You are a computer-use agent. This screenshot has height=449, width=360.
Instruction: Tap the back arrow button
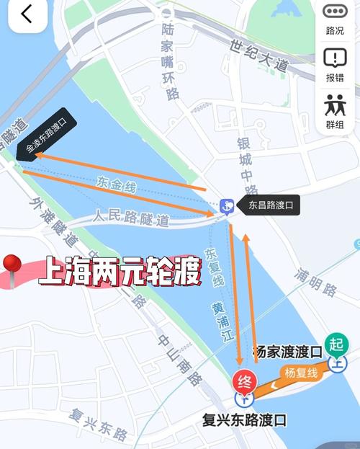click(x=27, y=15)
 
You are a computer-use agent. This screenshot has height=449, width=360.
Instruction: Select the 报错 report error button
click(x=335, y=64)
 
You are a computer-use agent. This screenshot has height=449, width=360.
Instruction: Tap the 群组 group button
click(x=335, y=111)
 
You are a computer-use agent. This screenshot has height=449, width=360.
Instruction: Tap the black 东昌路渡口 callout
click(x=269, y=205)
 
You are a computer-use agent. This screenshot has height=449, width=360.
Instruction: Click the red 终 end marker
click(x=244, y=381)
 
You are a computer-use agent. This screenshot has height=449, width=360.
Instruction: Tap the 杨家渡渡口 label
click(x=287, y=352)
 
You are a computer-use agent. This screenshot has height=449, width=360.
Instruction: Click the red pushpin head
click(x=12, y=264)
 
